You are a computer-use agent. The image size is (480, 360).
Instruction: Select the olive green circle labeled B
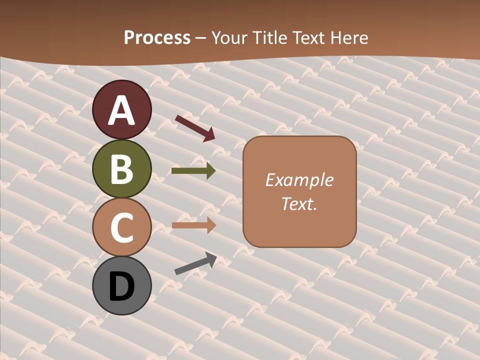tap(122, 168)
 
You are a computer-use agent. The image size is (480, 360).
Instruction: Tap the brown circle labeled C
tap(122, 227)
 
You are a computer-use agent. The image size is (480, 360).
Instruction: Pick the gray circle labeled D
tap(122, 285)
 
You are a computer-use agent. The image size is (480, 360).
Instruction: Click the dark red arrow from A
tap(195, 127)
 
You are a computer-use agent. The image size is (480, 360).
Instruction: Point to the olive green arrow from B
tap(193, 171)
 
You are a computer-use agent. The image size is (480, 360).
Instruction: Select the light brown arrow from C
tap(193, 225)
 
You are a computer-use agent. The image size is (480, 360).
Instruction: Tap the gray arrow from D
tap(195, 263)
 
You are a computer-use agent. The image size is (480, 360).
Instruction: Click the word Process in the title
tap(157, 37)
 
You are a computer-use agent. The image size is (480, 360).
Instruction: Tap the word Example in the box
tap(299, 180)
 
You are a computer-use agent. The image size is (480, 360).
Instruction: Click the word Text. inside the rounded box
tap(299, 203)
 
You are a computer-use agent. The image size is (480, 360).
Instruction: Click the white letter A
tap(122, 110)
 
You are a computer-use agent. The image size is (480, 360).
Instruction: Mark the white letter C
tap(122, 228)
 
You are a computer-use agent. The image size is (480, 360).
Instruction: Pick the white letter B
tap(122, 169)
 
